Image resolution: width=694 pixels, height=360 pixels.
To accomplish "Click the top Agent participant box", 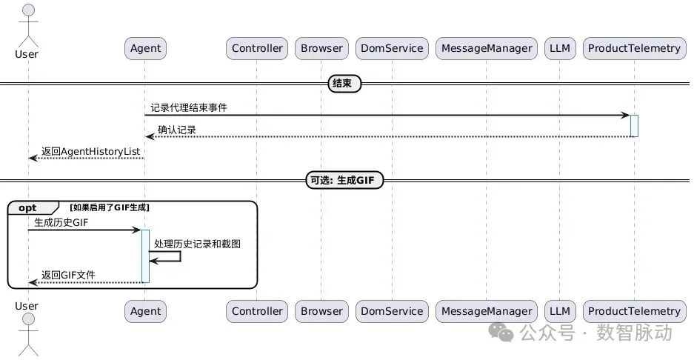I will (145, 48).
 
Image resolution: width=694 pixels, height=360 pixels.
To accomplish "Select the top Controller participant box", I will (257, 48).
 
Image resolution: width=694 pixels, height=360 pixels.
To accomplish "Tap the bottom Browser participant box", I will (321, 311).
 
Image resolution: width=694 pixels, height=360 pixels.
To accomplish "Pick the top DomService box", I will (391, 48).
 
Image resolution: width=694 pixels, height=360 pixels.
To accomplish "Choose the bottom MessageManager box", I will (487, 311).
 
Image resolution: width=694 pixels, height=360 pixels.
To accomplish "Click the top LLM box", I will (560, 48).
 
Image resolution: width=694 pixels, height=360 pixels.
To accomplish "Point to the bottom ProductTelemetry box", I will (633, 311).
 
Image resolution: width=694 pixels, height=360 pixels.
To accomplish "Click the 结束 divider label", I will (344, 84).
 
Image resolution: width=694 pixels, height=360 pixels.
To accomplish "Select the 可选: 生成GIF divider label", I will (344, 180).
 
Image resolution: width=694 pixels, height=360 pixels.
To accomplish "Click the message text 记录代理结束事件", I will (189, 107).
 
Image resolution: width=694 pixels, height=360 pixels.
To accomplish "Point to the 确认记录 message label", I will (176, 130).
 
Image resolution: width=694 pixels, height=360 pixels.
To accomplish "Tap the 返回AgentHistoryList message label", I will (90, 151).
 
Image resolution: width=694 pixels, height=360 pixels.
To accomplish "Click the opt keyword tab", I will (28, 208).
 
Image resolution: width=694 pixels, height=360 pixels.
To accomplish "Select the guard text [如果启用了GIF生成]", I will (110, 207).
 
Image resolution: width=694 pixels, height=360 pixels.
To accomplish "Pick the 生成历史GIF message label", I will (64, 222).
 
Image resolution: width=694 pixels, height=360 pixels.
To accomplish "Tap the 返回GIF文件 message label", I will (68, 275).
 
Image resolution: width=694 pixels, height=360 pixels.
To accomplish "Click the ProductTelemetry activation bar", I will (634, 125).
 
